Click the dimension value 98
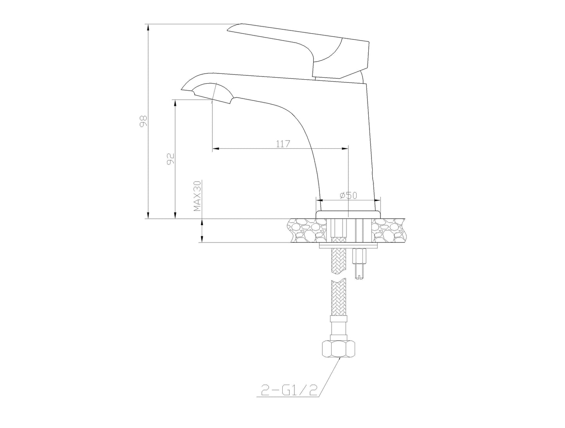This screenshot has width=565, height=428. [143, 121]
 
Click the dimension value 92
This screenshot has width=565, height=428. [170, 159]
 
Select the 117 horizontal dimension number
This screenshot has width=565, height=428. [283, 144]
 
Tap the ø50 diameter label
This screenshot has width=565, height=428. [348, 196]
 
